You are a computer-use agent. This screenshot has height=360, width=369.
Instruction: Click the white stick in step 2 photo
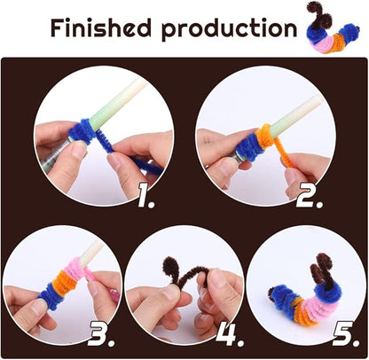pos(293,111)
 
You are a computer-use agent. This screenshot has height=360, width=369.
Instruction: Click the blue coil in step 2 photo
pos(249,141)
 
